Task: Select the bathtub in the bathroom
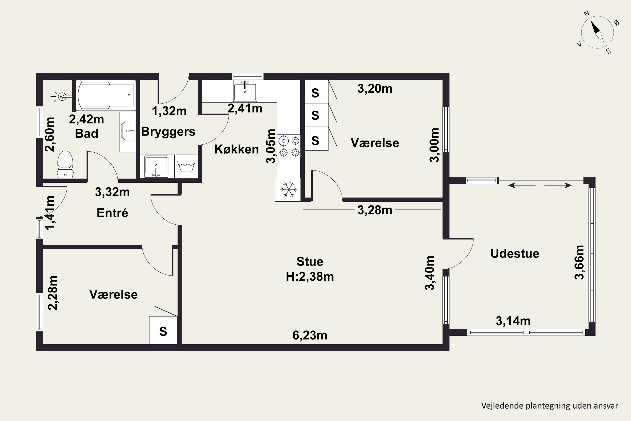106,95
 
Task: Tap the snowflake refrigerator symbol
288,190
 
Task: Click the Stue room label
310,261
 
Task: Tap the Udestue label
514,253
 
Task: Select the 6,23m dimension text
310,335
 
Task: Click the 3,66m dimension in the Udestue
579,262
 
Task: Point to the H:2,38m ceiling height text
310,277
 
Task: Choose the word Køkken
236,149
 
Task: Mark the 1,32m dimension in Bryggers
169,111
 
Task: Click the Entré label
112,213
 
